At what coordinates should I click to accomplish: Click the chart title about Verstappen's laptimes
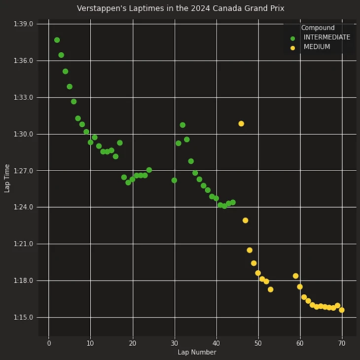coord(180,8)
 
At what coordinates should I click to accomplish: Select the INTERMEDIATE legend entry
coord(326,37)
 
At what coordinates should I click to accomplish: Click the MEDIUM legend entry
coord(317,47)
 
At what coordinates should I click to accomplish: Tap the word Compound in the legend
coord(318,28)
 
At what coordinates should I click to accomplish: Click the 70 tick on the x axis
coord(342,343)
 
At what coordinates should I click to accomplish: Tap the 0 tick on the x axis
coord(49,343)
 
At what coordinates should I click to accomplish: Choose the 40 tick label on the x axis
coord(216,343)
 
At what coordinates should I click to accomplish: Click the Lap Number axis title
coord(197,352)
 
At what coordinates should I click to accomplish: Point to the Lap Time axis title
coord(7,178)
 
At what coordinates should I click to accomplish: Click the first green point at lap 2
coord(57,40)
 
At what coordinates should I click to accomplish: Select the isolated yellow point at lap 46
coord(241,124)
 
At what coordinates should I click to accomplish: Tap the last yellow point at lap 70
coord(342,310)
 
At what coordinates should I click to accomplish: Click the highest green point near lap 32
coord(182,125)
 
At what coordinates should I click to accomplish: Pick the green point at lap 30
coord(174,180)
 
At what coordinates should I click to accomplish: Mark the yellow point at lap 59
coord(295,276)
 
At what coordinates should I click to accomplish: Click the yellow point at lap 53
coord(270,289)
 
